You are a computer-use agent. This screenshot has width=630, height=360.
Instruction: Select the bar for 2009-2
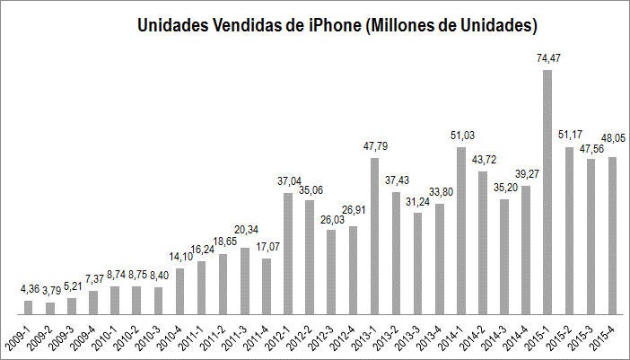coord(50,308)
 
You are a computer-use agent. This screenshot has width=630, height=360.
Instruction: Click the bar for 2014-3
coord(504,257)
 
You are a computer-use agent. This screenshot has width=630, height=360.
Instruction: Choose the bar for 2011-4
coord(267,286)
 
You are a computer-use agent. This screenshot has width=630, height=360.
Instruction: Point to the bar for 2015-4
coord(612,235)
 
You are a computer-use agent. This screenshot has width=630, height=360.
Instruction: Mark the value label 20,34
coord(245,227)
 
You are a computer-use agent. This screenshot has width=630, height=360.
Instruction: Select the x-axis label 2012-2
coord(311,334)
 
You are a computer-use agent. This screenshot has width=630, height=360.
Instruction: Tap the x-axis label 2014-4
coord(527,334)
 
